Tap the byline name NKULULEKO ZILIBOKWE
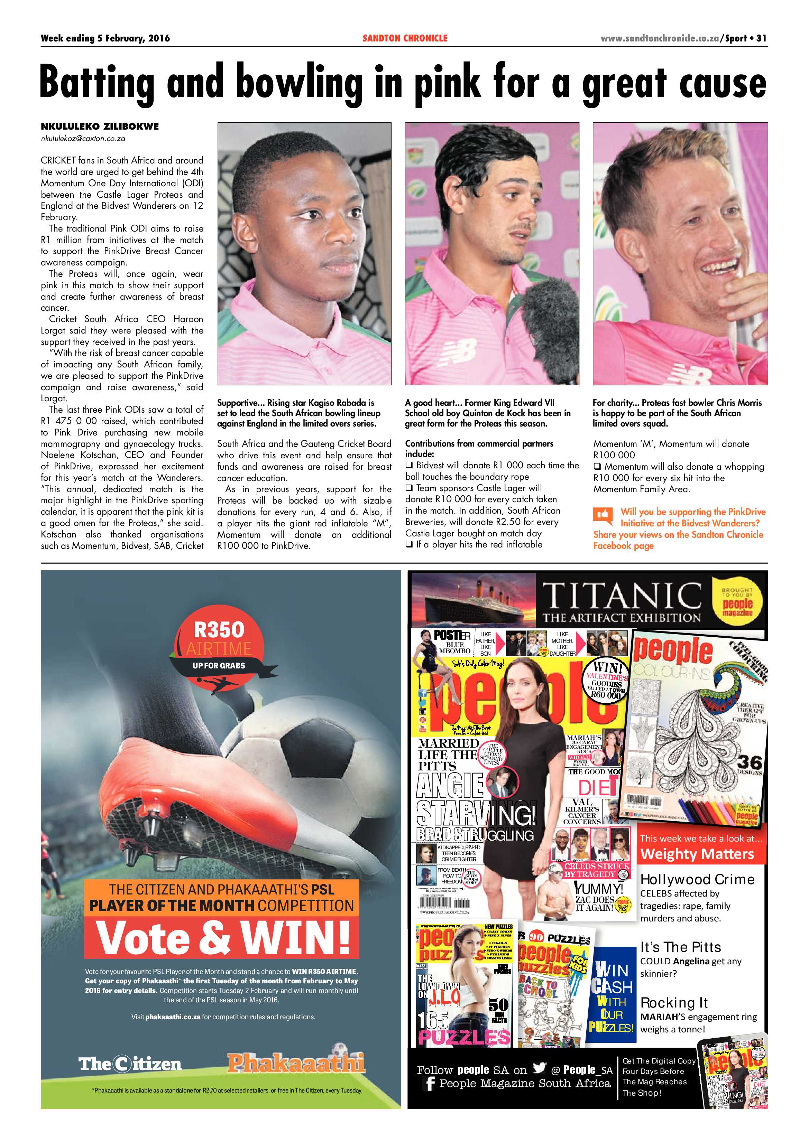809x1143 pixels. tap(100, 127)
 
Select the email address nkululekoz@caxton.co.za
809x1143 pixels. tap(83, 139)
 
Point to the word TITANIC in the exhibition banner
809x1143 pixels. tap(621, 596)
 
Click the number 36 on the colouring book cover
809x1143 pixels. tap(749, 762)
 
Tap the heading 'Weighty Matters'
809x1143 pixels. tap(697, 854)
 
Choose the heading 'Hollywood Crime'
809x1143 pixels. tap(697, 880)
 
